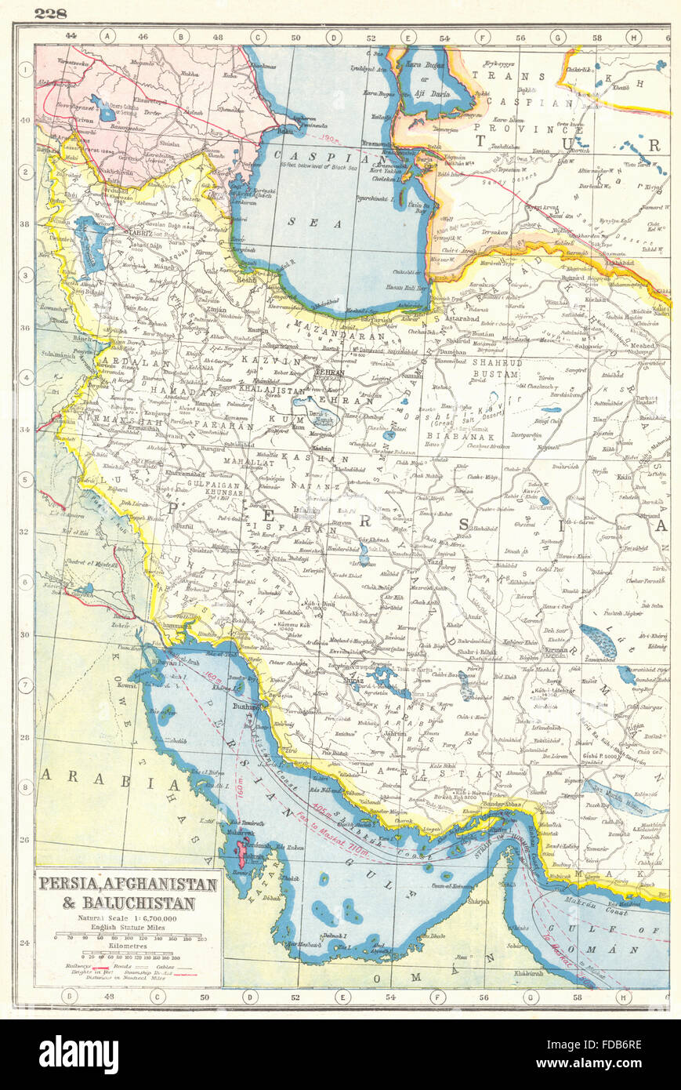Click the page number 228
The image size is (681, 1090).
coord(50,13)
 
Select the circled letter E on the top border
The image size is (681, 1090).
coord(408,36)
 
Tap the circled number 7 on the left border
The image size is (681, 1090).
coord(25,685)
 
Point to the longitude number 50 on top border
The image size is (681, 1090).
coord(295,36)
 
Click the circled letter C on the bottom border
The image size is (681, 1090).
coord(158,997)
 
